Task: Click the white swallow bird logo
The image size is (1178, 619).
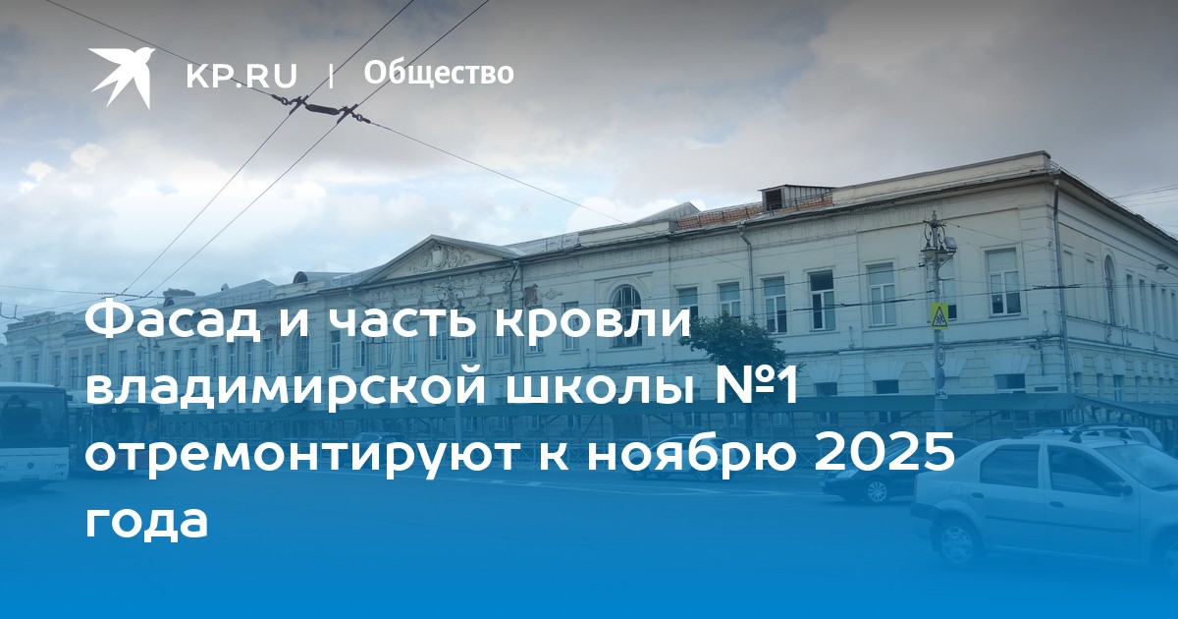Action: (x=122, y=77)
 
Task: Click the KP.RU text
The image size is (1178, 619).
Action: (x=241, y=76)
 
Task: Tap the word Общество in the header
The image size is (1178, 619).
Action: (x=439, y=74)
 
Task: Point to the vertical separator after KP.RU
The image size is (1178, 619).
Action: (x=331, y=76)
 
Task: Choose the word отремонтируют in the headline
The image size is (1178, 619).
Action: (x=299, y=455)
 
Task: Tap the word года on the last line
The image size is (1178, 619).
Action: (x=146, y=522)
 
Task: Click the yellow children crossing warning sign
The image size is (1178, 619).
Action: (x=938, y=315)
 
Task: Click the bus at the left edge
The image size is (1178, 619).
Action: (x=33, y=433)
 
